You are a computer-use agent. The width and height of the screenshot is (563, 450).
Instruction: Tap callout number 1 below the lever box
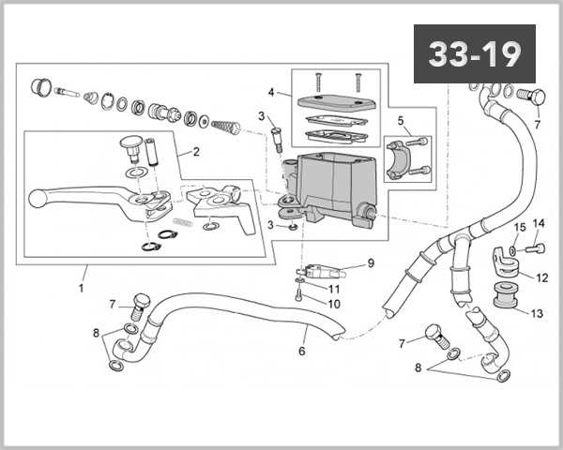[x=81, y=288]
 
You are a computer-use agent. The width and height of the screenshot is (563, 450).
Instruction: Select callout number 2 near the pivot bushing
[x=195, y=151]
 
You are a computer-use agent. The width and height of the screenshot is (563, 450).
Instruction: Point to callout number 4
[x=271, y=93]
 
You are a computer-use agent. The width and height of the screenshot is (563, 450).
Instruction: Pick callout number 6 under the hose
[x=301, y=352]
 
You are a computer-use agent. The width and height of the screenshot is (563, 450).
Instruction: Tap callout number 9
[x=370, y=263]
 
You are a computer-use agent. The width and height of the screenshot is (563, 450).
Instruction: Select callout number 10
[x=333, y=304]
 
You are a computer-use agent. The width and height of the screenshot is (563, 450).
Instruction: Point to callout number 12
[x=541, y=277]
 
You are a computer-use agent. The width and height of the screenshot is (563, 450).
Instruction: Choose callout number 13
[x=537, y=313]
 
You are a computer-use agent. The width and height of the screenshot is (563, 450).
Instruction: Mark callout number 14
[x=539, y=223]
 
